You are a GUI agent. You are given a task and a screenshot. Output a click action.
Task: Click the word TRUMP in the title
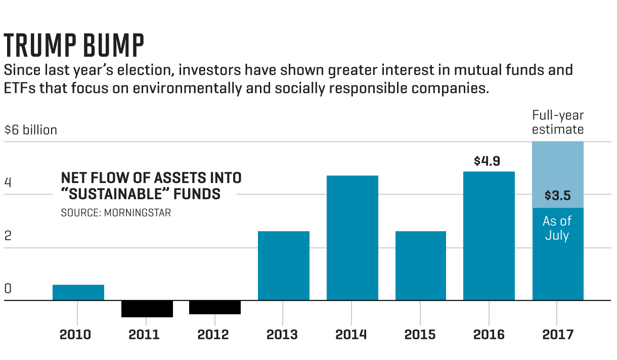37,45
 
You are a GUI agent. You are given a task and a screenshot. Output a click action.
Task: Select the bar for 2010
78,292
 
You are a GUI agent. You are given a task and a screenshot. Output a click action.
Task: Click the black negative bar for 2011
147,309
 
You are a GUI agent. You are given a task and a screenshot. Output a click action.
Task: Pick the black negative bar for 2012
215,307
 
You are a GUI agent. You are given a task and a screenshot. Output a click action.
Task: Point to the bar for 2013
283,265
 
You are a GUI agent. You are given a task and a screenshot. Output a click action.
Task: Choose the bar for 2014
352,238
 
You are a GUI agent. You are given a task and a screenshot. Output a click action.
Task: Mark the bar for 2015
420,265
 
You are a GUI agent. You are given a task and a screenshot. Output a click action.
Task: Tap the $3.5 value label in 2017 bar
557,195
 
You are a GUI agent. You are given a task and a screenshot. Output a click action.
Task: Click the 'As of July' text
557,228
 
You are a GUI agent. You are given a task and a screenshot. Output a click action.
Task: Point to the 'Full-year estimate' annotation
558,122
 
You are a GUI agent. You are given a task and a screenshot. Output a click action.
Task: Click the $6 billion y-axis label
30,130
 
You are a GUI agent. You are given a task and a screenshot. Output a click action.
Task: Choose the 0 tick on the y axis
8,289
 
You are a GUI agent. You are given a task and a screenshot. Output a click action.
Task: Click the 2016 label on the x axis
489,334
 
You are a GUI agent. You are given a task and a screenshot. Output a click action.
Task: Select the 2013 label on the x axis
283,334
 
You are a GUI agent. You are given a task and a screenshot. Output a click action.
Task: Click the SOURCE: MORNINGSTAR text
116,213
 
